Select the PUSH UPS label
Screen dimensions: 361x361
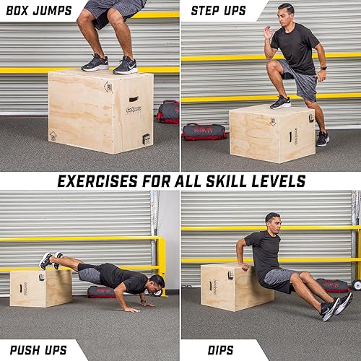tap(38, 350)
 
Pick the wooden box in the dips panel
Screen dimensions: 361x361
tap(226, 287)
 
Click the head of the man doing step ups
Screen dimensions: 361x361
tap(286, 14)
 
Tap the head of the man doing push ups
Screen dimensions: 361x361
tap(156, 282)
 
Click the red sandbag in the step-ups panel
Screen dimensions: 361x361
tap(204, 131)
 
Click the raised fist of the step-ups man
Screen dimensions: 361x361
tap(269, 32)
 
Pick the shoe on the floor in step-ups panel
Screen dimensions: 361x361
tap(323, 138)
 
